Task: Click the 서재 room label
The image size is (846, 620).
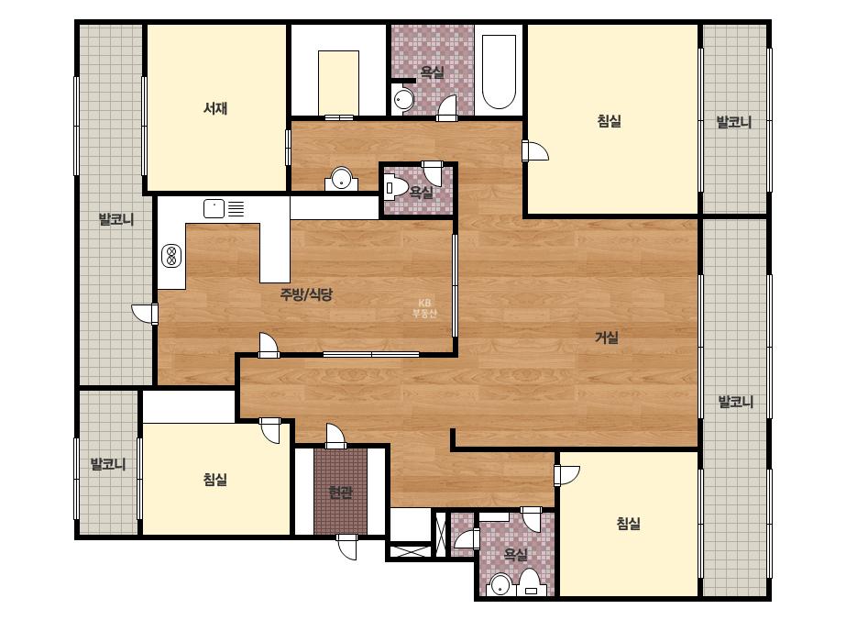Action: point(215,108)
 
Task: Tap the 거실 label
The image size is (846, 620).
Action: point(607,338)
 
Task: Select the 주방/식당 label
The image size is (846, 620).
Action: point(306,294)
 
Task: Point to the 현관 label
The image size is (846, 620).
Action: point(340,493)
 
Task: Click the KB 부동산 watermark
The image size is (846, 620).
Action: point(424,308)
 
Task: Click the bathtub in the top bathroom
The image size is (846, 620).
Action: point(499,72)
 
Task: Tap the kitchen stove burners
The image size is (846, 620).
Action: point(171,256)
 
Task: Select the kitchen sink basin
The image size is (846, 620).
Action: point(214,208)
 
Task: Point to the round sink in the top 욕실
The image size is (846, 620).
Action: point(402,99)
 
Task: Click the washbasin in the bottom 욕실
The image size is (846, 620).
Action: point(501,584)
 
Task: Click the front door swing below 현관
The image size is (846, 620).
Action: point(346,548)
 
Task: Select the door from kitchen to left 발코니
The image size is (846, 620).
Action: point(145,314)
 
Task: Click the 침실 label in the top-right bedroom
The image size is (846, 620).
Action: point(610,120)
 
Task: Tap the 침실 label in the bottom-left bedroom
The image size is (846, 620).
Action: point(215,479)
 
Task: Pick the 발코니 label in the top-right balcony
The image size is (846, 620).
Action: point(734,122)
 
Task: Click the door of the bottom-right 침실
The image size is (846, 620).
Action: point(566,475)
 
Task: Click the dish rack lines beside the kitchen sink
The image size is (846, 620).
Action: point(236,208)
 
